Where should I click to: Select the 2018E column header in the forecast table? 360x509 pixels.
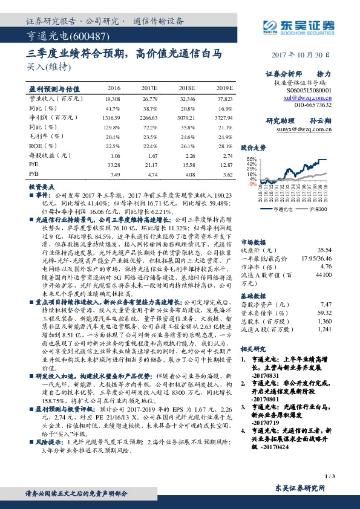(x=188, y=88)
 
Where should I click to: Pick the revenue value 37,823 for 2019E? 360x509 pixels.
(x=224, y=98)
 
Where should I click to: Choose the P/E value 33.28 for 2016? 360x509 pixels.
(x=113, y=164)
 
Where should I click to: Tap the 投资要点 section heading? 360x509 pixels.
(x=42, y=187)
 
